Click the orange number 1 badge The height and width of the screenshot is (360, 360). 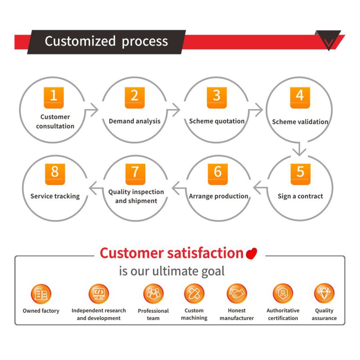pos(54,98)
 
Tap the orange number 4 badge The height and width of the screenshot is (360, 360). pos(300,98)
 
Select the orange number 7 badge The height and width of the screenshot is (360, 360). pos(135,174)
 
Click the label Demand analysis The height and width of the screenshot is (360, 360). pos(135,121)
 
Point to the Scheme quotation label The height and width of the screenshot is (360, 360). pos(217,121)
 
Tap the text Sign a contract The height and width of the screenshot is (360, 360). pos(300,196)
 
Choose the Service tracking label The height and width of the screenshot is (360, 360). pos(55,196)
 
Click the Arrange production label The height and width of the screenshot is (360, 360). pos(219,196)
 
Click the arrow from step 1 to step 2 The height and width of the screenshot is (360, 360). pos(91,110)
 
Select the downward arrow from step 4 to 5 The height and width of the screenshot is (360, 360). pos(299,149)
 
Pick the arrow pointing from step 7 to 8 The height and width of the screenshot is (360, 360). pos(96,188)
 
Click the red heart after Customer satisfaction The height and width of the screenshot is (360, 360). pos(252,253)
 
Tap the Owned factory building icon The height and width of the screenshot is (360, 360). pos(41,294)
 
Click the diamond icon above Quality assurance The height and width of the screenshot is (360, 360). pos(324,293)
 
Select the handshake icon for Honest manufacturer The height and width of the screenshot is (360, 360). pos(237,293)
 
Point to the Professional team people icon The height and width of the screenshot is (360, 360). pos(153,294)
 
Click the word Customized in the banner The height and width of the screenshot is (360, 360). pos(80,41)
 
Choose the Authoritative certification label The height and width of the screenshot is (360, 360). pos(283,314)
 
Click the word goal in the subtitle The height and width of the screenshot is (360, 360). pos(213,271)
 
